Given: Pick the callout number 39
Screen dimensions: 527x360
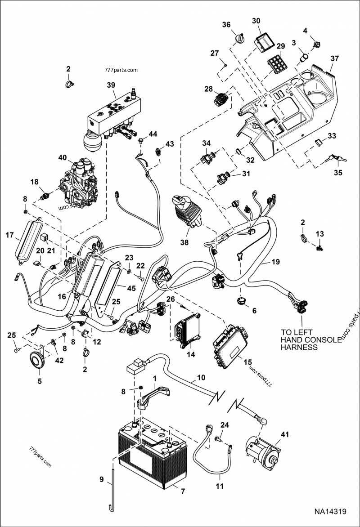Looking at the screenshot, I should pos(111,85).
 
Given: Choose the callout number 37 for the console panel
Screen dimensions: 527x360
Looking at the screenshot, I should pos(334,58).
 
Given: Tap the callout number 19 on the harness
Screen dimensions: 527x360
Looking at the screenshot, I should pos(275,261).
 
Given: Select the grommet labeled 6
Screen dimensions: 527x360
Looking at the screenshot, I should pos(242,301).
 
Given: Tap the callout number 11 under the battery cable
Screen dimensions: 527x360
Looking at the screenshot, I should pos(219,486).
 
